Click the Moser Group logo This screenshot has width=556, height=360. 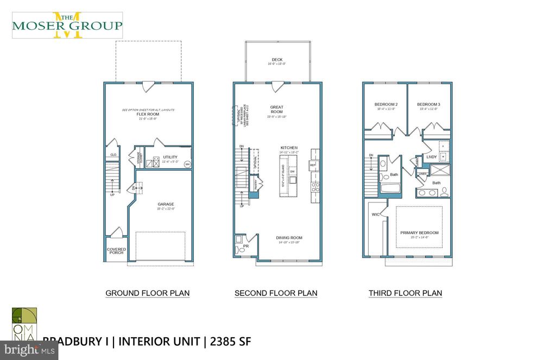[67, 25]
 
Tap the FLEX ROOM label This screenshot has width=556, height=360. [148, 114]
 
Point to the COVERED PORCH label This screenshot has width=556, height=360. [116, 251]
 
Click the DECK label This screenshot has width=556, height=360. [277, 60]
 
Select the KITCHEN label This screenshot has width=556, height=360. [289, 148]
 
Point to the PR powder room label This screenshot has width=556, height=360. [245, 245]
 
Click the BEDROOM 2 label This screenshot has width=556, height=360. [386, 104]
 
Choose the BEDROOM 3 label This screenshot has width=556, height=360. [428, 104]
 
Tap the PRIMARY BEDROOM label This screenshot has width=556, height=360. [419, 232]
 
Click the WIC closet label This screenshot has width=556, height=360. [375, 215]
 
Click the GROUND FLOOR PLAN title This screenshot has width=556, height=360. [147, 293]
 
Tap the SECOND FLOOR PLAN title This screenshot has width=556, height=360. [276, 293]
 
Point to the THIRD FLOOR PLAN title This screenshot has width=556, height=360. [405, 293]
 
